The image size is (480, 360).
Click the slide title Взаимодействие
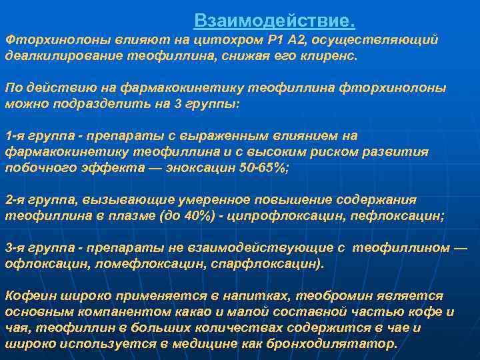(275, 21)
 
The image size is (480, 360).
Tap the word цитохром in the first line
(203, 41)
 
